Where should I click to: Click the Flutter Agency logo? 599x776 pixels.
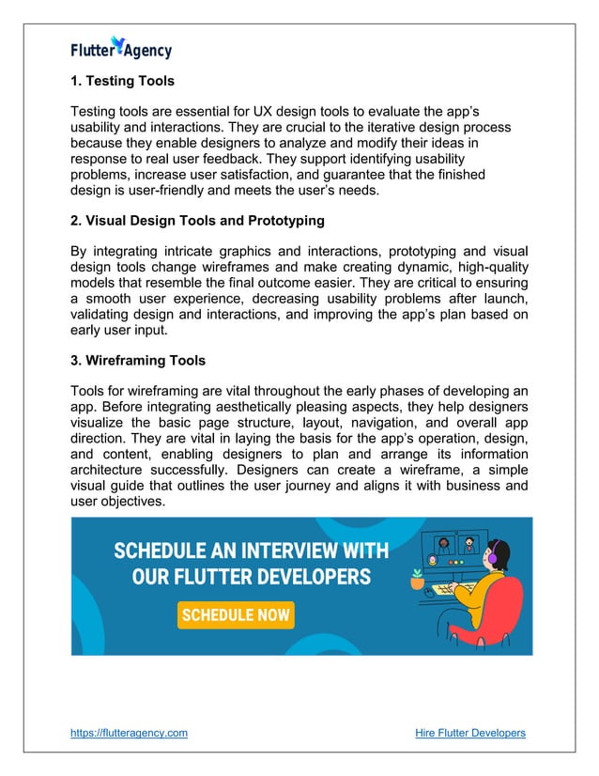click(122, 49)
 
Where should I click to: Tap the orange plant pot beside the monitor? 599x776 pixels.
click(417, 582)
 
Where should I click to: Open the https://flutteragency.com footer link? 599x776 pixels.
click(130, 733)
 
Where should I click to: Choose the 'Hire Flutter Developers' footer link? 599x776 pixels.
click(469, 733)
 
